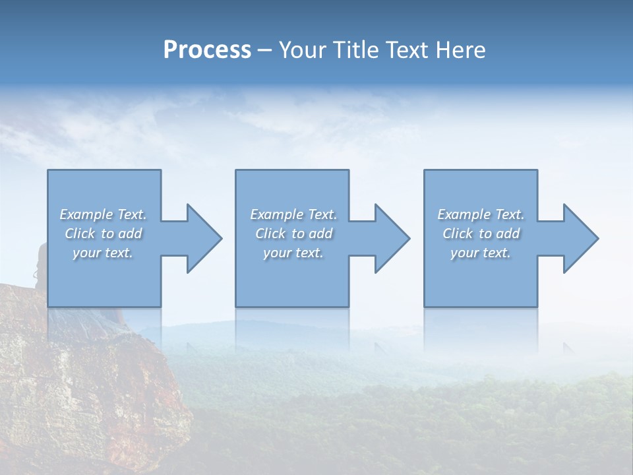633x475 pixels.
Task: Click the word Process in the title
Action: tap(207, 50)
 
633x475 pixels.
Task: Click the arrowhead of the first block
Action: tap(204, 238)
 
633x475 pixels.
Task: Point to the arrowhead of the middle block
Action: tap(392, 238)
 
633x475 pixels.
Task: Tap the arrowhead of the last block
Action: tap(581, 238)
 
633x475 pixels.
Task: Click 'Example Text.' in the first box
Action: tap(104, 214)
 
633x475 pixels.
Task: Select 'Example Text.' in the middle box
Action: tap(293, 214)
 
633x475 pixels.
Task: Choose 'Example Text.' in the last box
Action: tap(481, 214)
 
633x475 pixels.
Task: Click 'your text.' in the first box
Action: tap(104, 253)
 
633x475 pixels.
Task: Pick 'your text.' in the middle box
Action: tap(293, 253)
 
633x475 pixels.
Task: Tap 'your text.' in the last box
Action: tap(481, 253)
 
